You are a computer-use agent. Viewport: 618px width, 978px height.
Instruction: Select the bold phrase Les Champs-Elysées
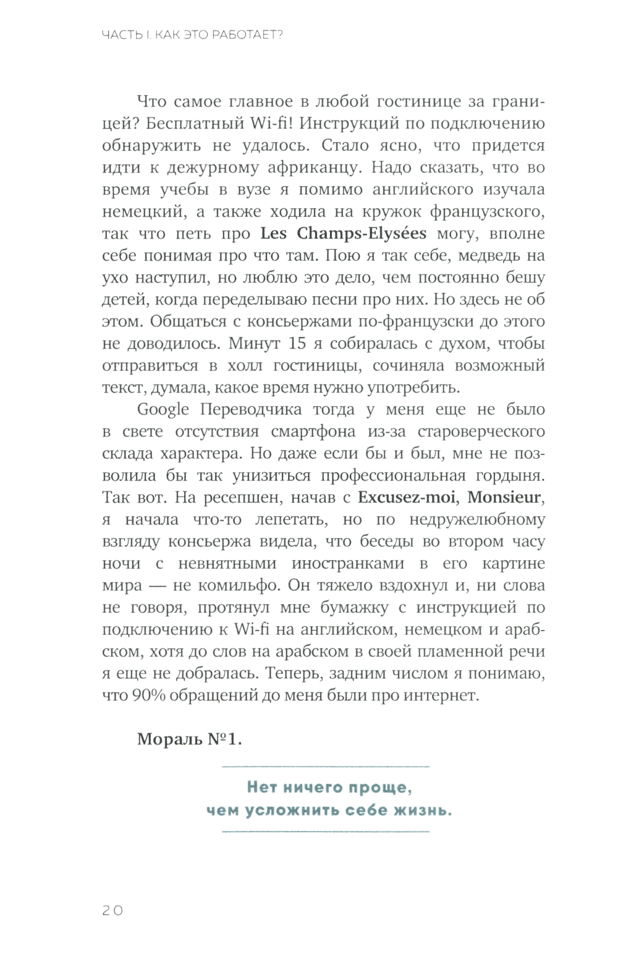[344, 234]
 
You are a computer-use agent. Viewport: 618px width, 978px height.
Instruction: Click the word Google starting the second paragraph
[163, 409]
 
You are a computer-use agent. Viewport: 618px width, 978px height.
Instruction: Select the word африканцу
[300, 168]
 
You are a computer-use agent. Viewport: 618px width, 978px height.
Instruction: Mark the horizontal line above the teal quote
[325, 766]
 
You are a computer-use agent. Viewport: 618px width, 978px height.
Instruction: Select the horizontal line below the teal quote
[325, 831]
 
